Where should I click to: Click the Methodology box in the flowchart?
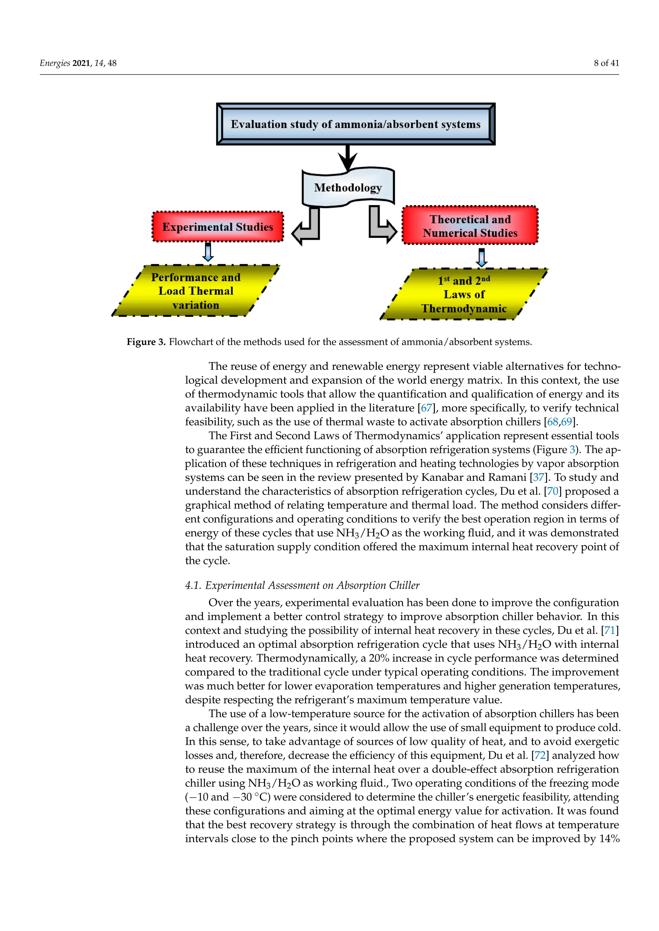tap(348, 188)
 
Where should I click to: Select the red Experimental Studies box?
tap(218, 227)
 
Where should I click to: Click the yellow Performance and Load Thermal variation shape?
tap(196, 291)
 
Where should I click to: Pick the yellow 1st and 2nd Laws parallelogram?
tap(464, 294)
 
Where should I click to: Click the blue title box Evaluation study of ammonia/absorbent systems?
tap(356, 124)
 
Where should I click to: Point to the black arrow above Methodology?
tap(347, 158)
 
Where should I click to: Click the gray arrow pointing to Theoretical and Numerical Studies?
tap(381, 227)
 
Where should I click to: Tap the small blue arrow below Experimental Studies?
tap(208, 253)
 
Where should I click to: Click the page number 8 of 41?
tap(606, 63)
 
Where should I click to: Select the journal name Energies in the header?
tap(55, 63)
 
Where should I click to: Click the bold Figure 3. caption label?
tap(146, 342)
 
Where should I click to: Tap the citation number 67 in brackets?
tap(426, 408)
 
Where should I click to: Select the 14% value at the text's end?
tap(609, 838)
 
